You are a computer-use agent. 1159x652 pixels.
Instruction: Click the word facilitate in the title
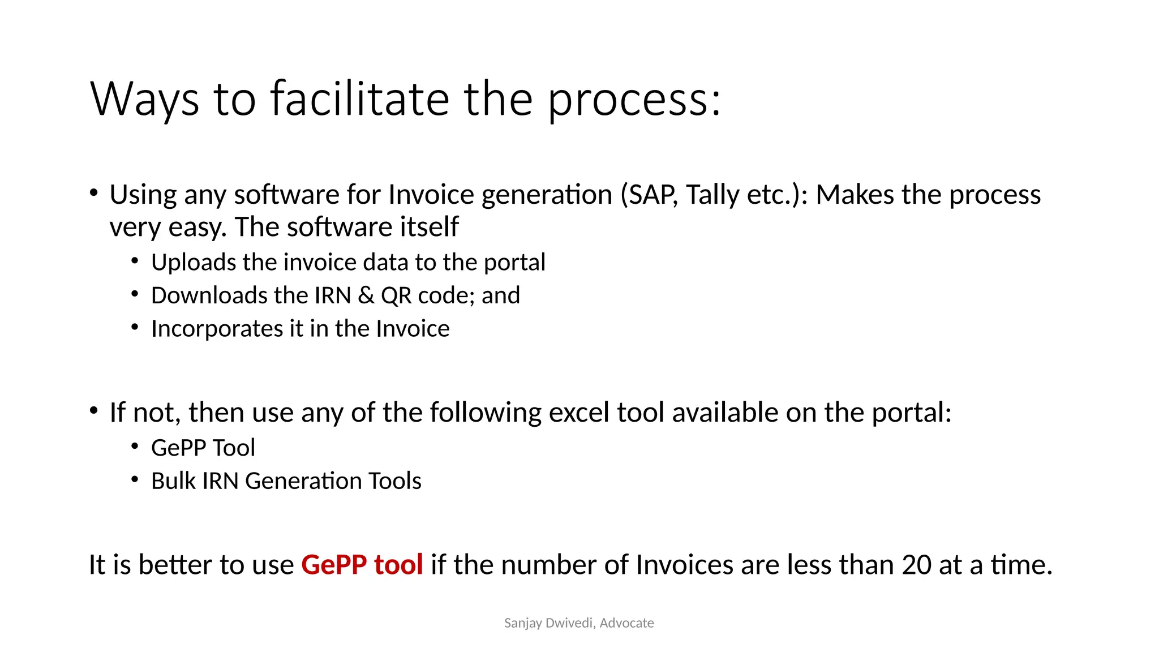360,99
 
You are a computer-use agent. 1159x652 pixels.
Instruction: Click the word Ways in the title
144,99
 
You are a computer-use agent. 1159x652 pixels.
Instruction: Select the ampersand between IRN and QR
366,295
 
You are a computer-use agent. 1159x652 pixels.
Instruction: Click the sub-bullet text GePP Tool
203,448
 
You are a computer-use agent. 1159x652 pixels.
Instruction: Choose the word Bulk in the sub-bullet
173,481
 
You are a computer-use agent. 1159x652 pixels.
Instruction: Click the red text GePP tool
362,565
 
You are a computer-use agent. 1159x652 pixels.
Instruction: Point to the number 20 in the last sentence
916,565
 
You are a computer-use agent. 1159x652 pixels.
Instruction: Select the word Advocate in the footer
626,623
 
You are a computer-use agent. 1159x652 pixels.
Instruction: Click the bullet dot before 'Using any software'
94,193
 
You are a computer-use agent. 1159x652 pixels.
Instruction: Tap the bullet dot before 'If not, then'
94,411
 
